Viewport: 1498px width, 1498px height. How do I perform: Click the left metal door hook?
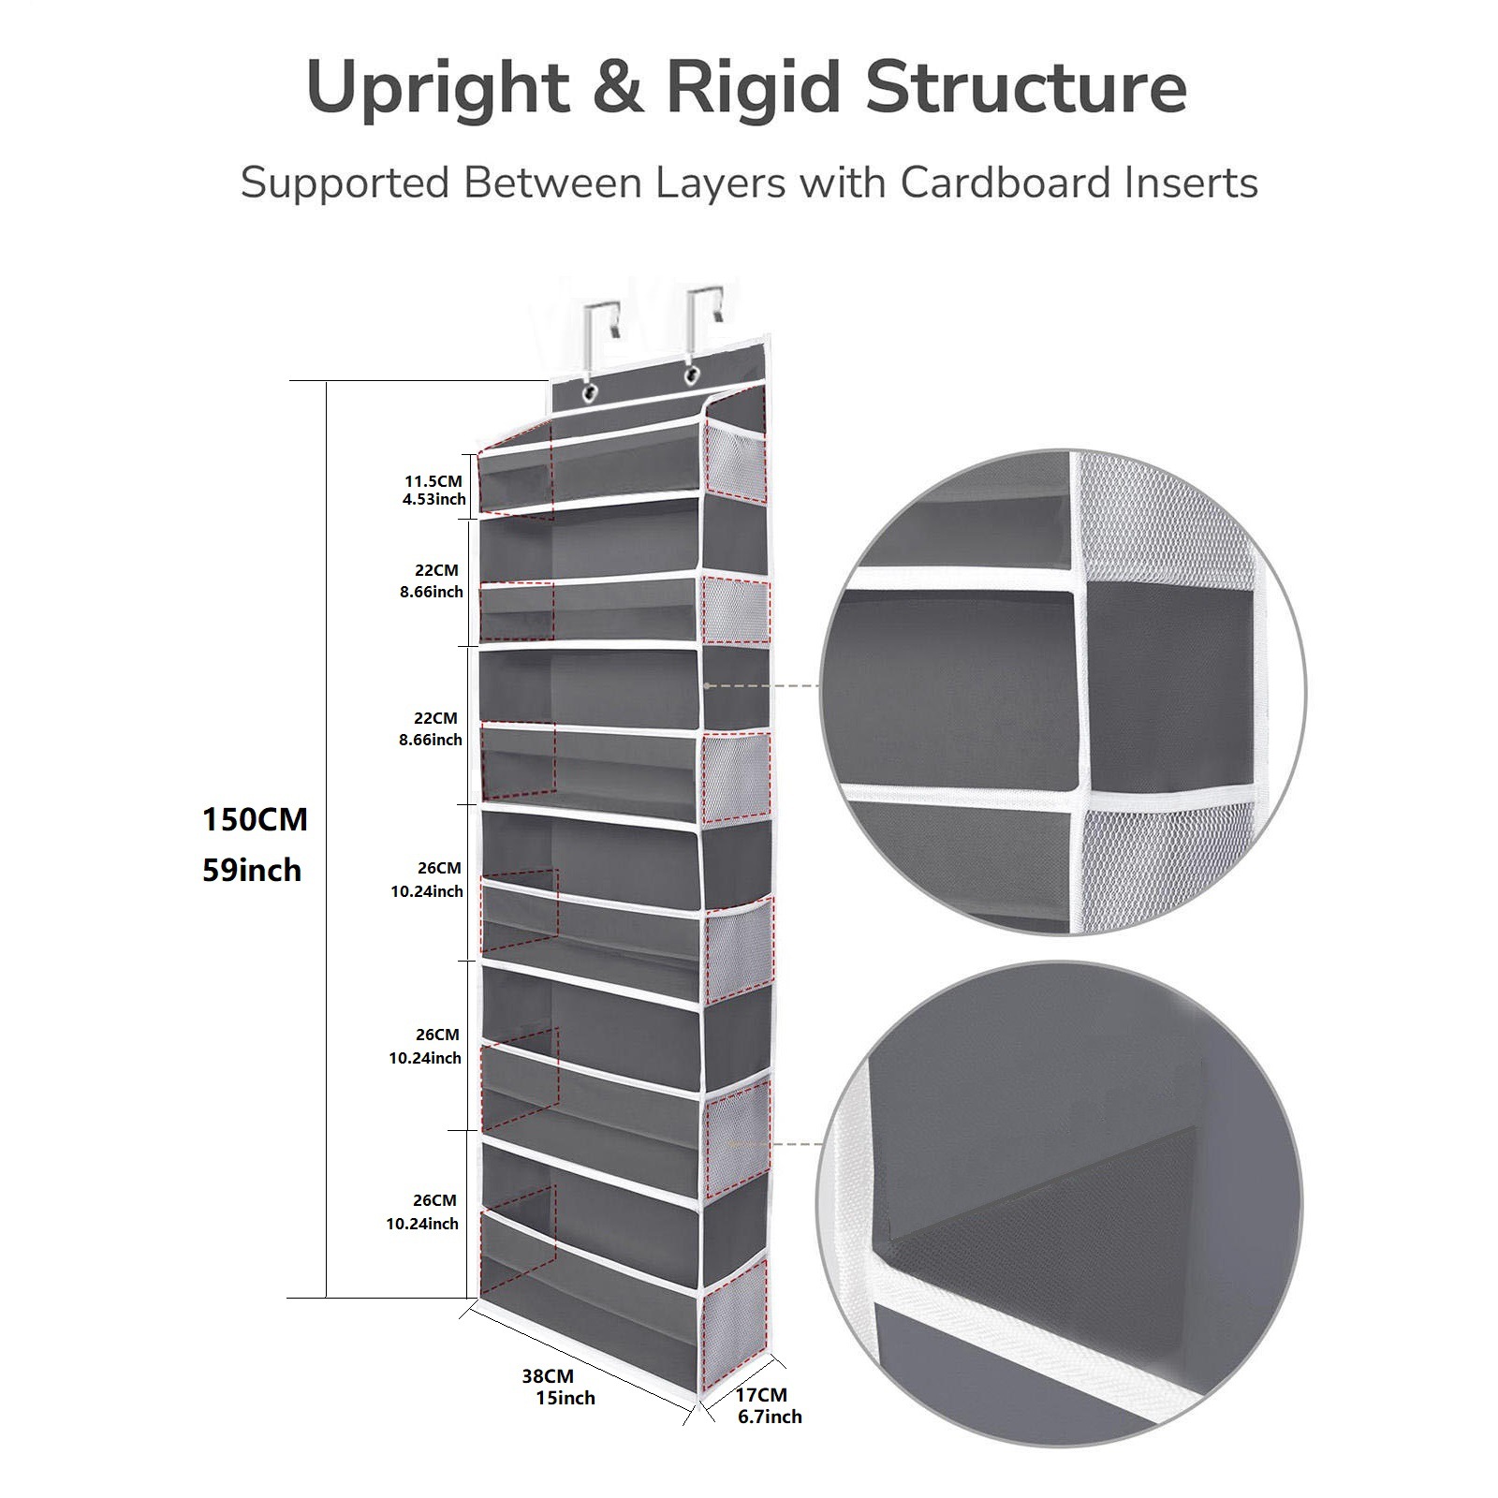(597, 333)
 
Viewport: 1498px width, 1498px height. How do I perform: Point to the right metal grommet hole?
(693, 374)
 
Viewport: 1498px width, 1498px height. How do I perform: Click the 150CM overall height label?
(255, 819)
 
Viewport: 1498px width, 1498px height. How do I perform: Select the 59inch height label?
(252, 870)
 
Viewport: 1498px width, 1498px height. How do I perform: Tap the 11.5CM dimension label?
(433, 481)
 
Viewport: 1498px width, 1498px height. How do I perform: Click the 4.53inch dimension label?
(433, 499)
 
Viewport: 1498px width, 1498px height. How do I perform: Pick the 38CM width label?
(548, 1376)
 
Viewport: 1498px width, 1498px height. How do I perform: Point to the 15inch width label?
(565, 1398)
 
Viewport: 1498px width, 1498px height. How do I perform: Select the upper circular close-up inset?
(1063, 692)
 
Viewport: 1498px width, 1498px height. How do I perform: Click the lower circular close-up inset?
(1059, 1203)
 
